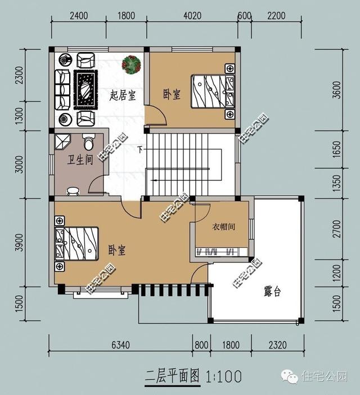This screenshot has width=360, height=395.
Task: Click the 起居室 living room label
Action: coord(122,95)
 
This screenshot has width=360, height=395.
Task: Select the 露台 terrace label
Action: coord(272,292)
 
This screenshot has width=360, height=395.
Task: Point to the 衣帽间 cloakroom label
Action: coord(223,227)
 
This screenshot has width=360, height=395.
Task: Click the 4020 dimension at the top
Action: coord(192,16)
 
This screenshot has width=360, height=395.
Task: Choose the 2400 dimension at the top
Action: coord(79,16)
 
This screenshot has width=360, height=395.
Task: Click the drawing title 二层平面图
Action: coord(173,375)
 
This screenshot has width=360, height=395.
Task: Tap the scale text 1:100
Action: coord(224,375)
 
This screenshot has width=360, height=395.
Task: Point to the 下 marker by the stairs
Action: coord(140,149)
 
